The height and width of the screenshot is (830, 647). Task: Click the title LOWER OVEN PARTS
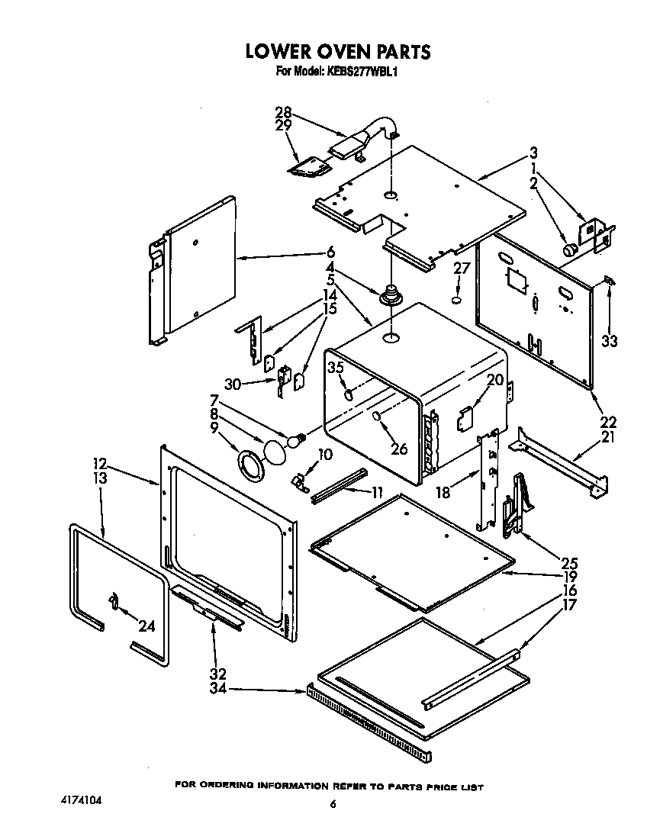(337, 52)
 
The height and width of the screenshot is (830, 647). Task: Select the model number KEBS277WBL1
(359, 72)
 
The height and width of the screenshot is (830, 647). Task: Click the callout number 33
(609, 341)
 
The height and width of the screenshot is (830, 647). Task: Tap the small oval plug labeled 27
(456, 300)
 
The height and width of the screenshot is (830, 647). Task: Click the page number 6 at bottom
(333, 803)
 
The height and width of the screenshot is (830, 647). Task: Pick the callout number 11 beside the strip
(376, 492)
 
